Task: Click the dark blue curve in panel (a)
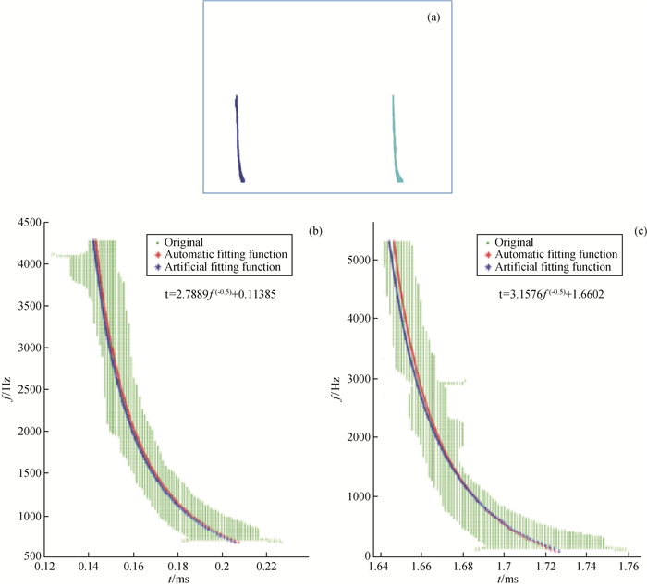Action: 238,139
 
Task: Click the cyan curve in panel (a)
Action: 396,139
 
